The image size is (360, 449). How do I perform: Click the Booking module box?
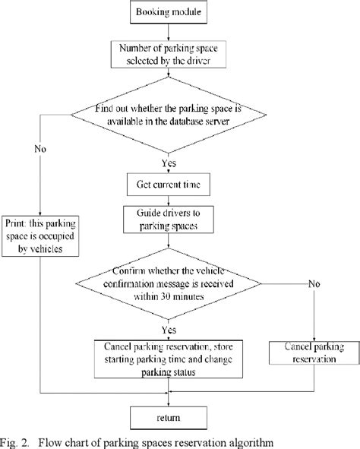coord(167,13)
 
